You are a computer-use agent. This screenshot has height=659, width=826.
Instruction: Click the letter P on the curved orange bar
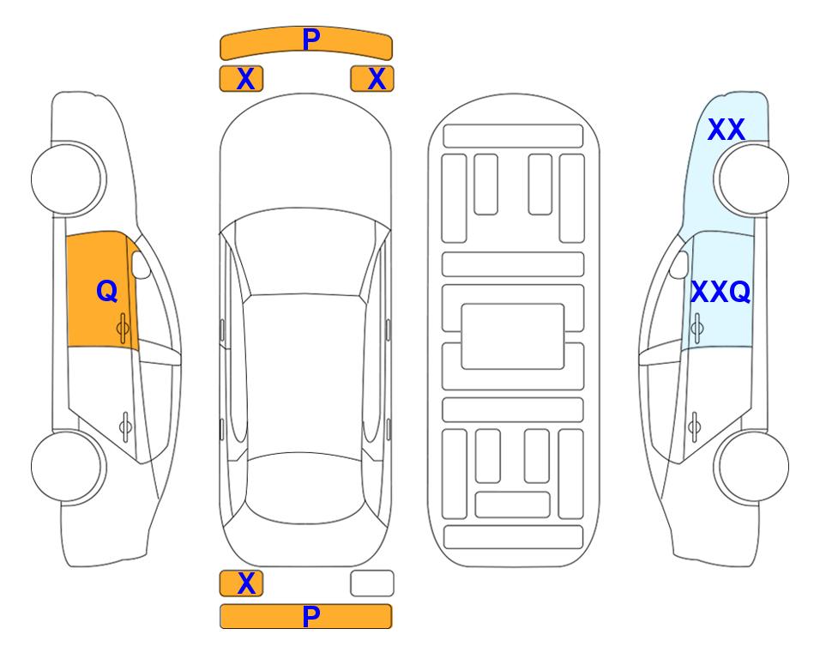(x=311, y=39)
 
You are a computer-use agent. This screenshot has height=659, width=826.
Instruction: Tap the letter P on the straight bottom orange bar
(x=311, y=616)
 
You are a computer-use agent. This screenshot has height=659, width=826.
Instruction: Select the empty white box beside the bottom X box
(x=372, y=583)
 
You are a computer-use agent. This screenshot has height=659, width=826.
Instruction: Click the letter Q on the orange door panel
(x=107, y=291)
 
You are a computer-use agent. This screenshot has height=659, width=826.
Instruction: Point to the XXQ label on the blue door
(x=720, y=292)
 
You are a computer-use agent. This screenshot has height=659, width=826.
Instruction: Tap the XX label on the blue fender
(x=726, y=130)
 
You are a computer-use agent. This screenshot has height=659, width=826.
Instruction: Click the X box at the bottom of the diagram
(x=241, y=583)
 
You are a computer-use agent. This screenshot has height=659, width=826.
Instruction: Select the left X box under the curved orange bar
(x=241, y=79)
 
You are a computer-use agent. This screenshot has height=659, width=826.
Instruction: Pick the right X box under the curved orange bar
(x=372, y=79)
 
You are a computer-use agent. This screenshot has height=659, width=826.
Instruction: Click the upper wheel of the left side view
(x=68, y=179)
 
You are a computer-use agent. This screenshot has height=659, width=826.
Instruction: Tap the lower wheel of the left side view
(x=68, y=466)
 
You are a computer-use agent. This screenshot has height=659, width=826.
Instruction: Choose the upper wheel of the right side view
(x=751, y=179)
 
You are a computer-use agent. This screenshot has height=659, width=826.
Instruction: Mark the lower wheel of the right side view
(x=751, y=466)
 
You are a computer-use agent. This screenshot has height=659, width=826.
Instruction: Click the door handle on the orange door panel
(x=124, y=329)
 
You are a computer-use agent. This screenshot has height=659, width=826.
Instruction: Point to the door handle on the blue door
(x=696, y=329)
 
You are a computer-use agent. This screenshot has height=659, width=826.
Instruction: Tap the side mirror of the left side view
(x=141, y=264)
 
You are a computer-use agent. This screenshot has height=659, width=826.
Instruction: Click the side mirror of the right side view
(x=679, y=264)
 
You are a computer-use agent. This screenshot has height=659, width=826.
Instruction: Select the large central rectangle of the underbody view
(x=513, y=336)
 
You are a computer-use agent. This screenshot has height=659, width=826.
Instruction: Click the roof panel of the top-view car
(x=304, y=373)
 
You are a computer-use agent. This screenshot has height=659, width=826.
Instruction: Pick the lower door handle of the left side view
(x=125, y=426)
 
